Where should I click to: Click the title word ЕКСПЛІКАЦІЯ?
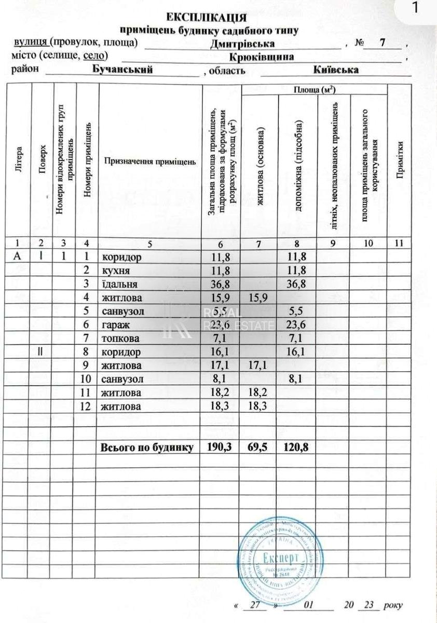pos(210,19)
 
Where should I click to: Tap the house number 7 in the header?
pos(383,43)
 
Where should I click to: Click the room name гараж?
pos(115,325)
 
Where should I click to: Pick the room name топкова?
pos(121,338)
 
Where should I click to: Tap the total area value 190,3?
pos(220,446)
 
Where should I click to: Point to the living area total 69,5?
pos(258,446)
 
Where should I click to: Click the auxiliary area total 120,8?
pos(296,446)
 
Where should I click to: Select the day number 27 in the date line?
pos(254,605)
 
